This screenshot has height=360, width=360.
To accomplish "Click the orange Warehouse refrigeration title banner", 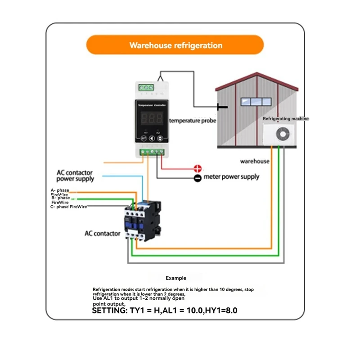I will pos(175,45).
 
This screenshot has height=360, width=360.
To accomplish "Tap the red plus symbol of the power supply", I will pos(197,169).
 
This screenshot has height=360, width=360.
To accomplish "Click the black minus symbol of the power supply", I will pos(197,178).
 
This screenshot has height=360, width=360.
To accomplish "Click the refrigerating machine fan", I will pos(283,134).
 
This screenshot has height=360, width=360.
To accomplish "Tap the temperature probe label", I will pos(193,121).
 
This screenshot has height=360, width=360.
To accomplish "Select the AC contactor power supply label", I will pos(75,175).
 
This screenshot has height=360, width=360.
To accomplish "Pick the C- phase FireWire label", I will pos(69,207).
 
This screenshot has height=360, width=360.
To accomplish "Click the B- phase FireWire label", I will pos(60,200).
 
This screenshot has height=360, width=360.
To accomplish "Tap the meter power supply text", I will pos(231,177).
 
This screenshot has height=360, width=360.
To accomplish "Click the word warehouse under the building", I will pos(255,161).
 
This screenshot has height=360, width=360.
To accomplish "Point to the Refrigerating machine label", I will pos(286,119).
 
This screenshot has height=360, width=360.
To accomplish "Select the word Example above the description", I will pos(176,278).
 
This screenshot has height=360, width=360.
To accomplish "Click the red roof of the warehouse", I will pos(256,79).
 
